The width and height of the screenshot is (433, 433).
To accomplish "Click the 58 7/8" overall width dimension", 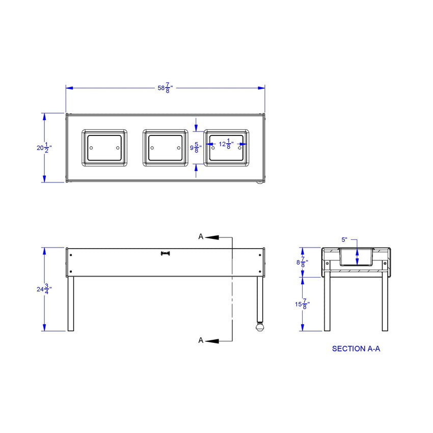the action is (165, 88).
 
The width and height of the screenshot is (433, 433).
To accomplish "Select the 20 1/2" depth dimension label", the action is (44, 148).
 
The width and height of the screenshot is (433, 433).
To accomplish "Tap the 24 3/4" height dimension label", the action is (44, 289).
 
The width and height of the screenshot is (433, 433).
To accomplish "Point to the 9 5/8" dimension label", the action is (196, 147).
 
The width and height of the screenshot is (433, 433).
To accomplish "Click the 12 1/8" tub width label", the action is (226, 144).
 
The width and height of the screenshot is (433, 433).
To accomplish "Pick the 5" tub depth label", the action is (344, 240).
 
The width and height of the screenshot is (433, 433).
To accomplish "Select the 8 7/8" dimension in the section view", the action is (302, 262).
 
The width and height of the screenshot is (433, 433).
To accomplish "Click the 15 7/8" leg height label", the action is (302, 304).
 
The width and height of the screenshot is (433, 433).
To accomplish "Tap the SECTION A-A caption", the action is (356, 349).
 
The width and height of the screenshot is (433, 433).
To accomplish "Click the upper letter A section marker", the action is (201, 237).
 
